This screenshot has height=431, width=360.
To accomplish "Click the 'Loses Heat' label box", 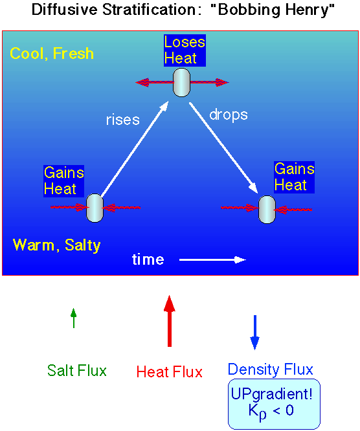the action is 185,50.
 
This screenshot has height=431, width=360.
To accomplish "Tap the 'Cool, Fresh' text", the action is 52,53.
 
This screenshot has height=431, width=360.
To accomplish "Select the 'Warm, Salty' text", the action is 56,245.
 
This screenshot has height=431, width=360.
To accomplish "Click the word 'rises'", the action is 123,120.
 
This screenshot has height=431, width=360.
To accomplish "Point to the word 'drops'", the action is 229,115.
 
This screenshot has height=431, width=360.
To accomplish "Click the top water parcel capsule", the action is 181,82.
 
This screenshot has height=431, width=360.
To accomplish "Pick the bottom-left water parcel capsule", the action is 95,208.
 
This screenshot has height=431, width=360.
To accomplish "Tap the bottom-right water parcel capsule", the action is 267,210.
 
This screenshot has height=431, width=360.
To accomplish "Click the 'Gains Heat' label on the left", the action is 64,181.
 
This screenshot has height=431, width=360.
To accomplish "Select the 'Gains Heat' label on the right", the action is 294,177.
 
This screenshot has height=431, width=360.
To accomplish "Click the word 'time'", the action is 148,260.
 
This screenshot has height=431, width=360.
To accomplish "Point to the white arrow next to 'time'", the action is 212,260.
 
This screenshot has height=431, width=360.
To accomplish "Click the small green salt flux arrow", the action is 73,318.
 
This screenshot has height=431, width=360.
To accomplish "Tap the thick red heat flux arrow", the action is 170,321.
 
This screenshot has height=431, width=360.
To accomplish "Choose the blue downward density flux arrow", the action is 254,333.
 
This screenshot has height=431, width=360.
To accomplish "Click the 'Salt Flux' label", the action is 77,370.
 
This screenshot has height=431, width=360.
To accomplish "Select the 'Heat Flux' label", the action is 170,371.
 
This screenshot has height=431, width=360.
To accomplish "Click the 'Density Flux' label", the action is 271,369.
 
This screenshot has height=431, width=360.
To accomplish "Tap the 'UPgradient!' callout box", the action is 274,404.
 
